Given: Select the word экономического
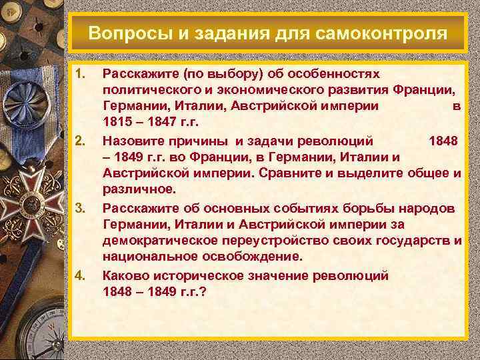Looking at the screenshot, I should coord(265,89).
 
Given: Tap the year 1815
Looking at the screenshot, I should coord(118,123).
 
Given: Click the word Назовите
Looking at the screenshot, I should coord(133,141).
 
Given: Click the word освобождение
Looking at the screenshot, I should coord(259,257).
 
